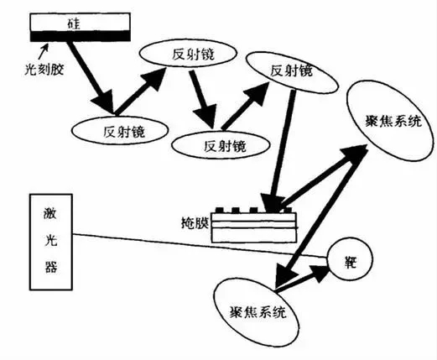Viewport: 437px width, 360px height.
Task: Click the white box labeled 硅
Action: point(80,22)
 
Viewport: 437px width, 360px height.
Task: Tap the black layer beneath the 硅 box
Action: point(80,36)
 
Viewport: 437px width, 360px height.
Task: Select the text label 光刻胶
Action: point(44,70)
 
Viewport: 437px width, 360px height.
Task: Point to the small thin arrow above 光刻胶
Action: point(44,52)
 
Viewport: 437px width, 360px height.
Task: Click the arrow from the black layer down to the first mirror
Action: point(90,77)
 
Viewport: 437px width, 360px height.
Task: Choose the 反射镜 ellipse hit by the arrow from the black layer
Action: point(120,130)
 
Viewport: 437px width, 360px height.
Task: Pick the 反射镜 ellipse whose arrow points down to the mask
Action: point(292,72)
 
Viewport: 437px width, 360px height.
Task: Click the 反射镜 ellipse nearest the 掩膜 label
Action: point(221,145)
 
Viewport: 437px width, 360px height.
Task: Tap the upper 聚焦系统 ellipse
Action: point(391,121)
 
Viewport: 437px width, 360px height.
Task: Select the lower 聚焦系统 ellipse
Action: point(257,312)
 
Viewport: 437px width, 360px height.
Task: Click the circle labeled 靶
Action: point(350,259)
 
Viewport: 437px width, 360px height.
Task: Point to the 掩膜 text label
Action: point(195,223)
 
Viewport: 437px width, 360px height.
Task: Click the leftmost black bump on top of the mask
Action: point(219,210)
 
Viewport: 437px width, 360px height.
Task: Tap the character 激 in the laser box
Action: point(50,214)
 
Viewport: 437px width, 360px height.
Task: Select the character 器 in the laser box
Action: point(51,265)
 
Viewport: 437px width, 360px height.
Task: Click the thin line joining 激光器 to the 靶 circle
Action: point(200,245)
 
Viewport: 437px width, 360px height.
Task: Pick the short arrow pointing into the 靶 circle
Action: point(301,278)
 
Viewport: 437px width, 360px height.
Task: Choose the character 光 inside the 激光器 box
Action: point(51,240)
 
